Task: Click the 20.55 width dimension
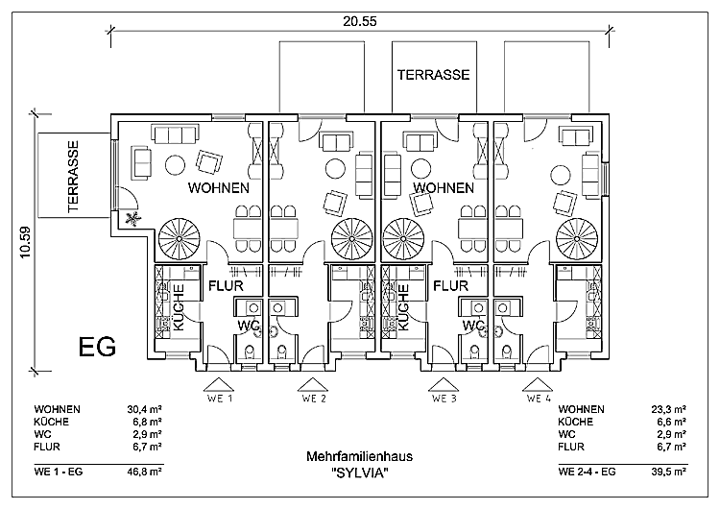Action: coord(361,19)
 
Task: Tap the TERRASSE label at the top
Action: coord(434,74)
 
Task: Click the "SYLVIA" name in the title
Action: coord(360,473)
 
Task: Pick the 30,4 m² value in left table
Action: coord(145,409)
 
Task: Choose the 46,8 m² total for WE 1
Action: coord(145,473)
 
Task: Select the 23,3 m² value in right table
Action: coord(668,409)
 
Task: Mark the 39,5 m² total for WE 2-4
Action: coord(668,473)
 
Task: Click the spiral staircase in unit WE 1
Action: coord(180,236)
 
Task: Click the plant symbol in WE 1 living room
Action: coord(133,219)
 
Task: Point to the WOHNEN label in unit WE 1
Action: coord(219,188)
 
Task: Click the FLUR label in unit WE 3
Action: coord(450,285)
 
